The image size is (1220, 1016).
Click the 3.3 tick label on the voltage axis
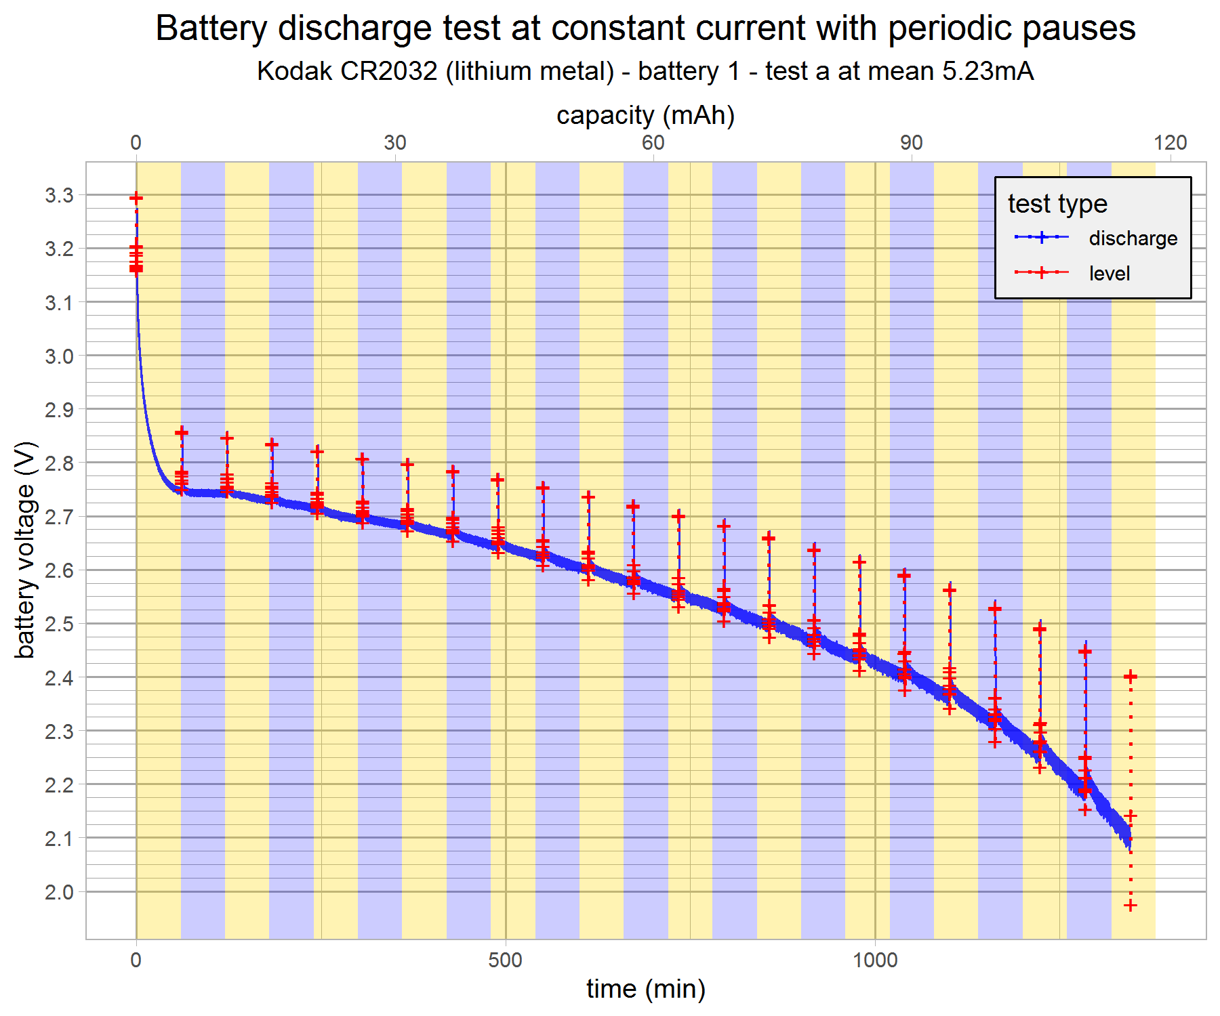(59, 196)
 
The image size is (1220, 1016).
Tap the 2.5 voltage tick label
(59, 624)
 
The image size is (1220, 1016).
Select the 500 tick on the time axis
(505, 960)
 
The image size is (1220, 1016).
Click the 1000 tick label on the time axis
(874, 960)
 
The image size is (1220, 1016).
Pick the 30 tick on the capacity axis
(395, 142)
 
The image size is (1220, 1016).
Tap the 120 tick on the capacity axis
(1171, 142)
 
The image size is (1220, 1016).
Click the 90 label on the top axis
(912, 142)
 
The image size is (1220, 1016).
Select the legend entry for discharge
(1133, 238)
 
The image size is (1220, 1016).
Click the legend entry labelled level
(1110, 274)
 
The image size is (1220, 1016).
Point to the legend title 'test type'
(1057, 203)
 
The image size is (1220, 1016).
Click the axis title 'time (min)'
(645, 989)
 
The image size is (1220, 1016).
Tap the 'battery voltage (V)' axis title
(25, 550)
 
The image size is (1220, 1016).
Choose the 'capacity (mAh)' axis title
(645, 115)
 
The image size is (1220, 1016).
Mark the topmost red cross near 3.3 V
(136, 198)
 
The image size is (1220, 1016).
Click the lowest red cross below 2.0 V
(1130, 906)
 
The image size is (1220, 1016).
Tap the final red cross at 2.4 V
(1130, 676)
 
